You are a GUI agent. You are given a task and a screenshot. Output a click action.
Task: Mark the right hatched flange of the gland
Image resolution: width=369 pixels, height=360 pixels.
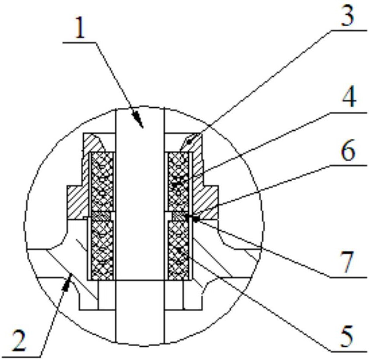(x=204, y=201)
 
